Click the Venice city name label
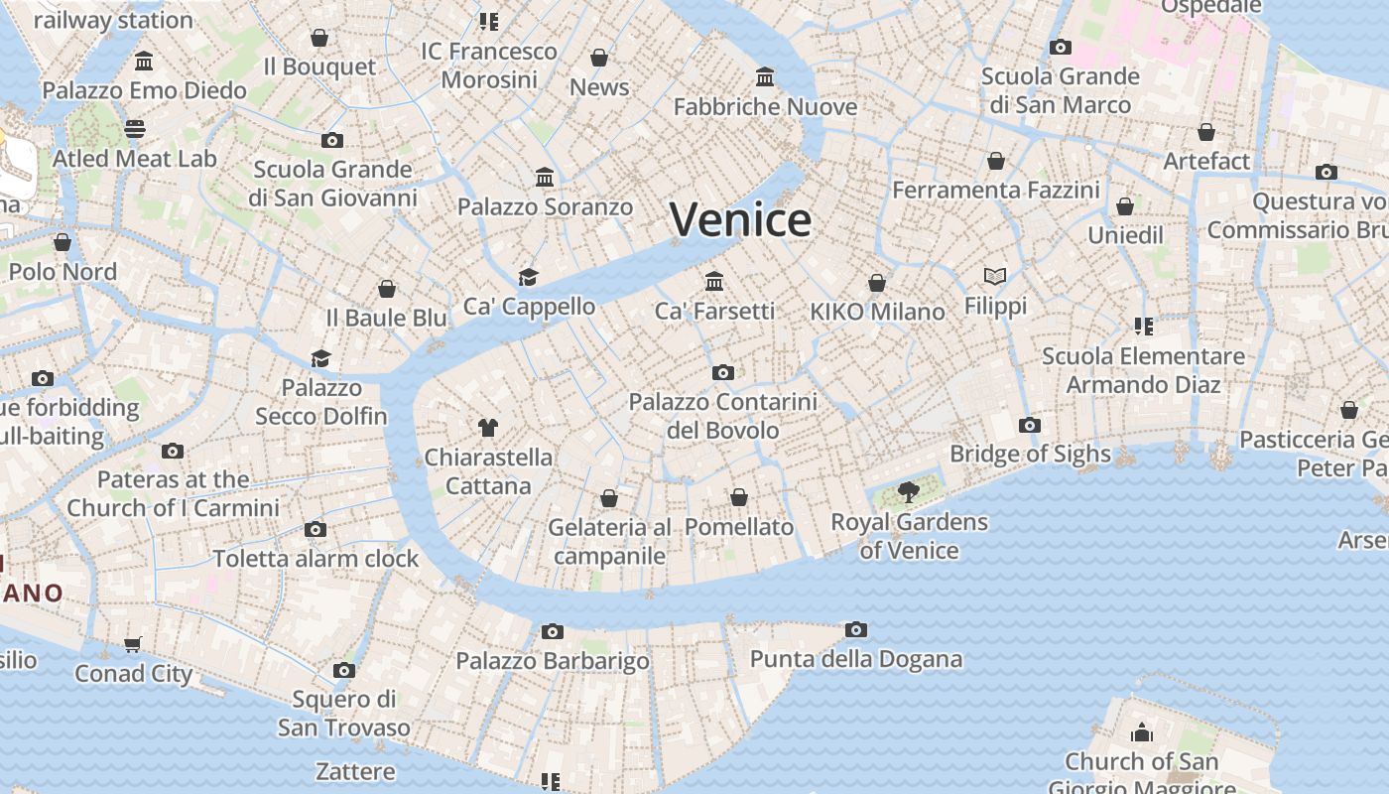[x=740, y=219]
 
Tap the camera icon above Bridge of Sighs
[x=1030, y=425]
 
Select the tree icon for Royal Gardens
[x=908, y=491]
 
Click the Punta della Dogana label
[x=856, y=659]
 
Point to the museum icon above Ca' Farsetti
[x=714, y=281]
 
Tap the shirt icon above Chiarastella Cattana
[x=487, y=428]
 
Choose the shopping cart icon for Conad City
[x=133, y=644]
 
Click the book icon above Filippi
[x=995, y=276]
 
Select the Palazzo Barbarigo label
[x=553, y=661]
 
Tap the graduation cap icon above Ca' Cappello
[x=529, y=277]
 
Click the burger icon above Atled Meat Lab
[x=135, y=128]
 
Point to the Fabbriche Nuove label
[x=765, y=106]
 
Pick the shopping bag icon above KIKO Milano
[x=877, y=283]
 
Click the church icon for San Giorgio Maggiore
[x=1142, y=732]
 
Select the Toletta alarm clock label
[x=316, y=559]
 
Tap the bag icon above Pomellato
[x=739, y=497]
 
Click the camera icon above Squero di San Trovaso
[x=344, y=670]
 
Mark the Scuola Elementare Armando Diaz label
[x=1143, y=370]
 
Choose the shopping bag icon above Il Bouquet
[x=319, y=38]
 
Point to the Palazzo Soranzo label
[x=545, y=207]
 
